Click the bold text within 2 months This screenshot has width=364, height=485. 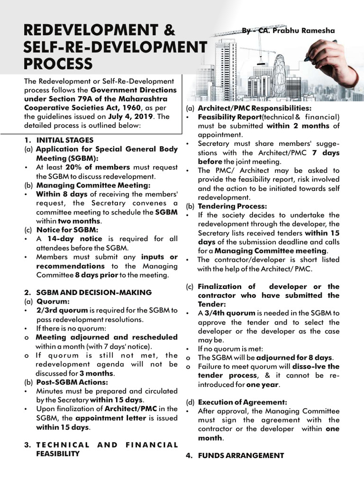(298, 126)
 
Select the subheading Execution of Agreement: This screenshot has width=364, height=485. (242, 402)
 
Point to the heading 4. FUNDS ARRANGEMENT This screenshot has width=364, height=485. (241, 456)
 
